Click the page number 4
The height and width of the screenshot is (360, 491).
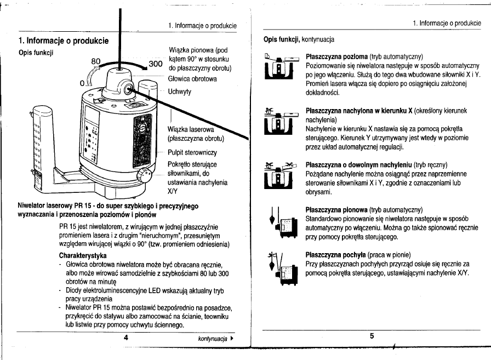click(126, 338)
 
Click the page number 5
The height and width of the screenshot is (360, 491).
click(372, 336)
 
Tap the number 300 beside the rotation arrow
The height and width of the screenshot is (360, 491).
click(157, 64)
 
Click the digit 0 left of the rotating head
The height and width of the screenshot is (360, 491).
click(83, 83)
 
